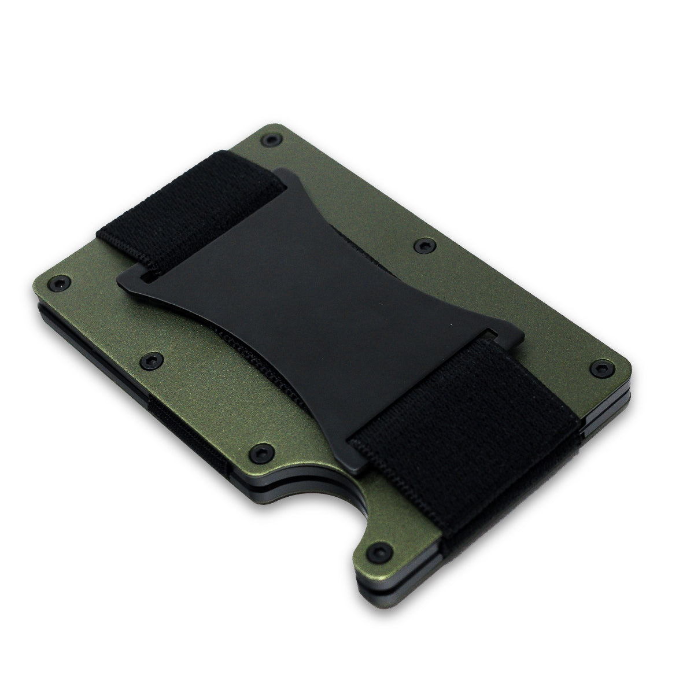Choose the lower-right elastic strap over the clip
click(x=457, y=416)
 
